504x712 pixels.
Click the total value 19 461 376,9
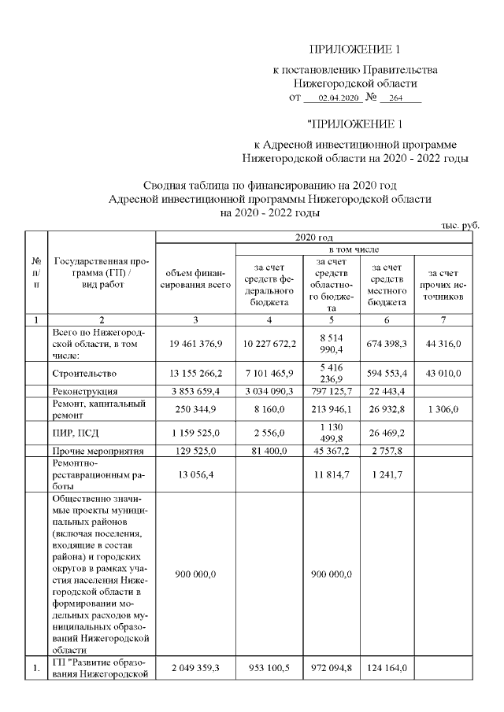pos(195,343)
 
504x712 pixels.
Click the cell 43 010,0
pos(443,370)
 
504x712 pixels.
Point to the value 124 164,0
pos(387,667)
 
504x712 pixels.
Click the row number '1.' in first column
pos(35,667)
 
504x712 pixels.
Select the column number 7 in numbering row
pos(443,319)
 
